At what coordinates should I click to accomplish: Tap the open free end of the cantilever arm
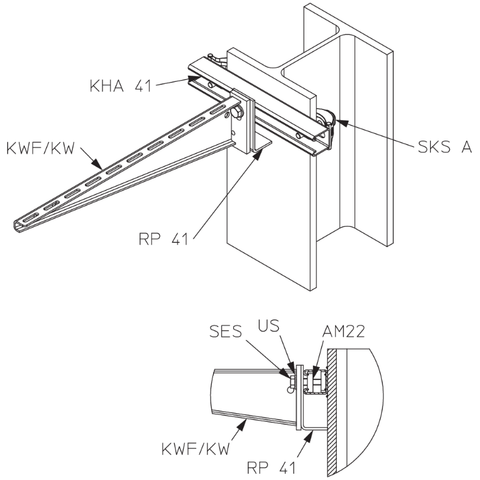(17, 224)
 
